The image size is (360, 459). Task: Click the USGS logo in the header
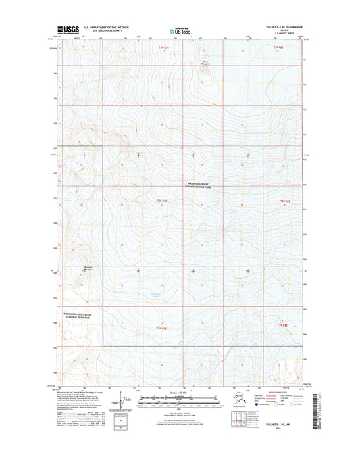(x=70, y=29)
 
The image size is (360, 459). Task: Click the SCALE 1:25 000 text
(x=179, y=393)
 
